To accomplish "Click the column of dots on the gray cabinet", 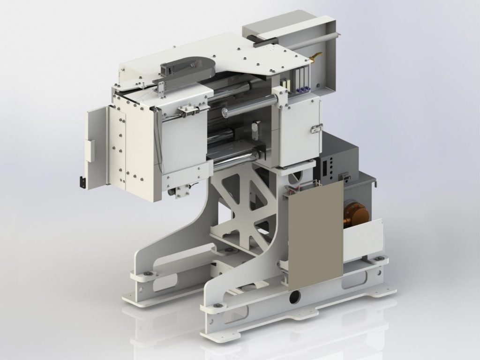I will (332, 169).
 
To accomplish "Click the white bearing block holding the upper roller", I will (284, 100).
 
